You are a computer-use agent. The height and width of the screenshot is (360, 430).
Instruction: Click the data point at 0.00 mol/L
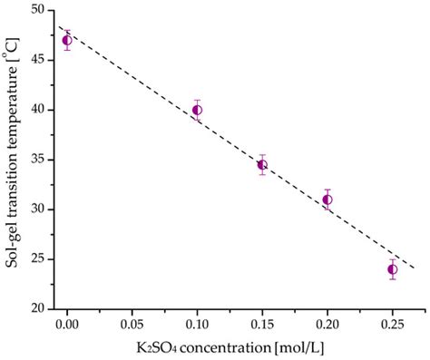click(67, 40)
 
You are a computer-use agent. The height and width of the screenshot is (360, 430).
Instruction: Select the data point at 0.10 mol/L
click(197, 110)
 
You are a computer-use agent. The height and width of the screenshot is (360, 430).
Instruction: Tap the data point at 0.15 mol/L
click(262, 164)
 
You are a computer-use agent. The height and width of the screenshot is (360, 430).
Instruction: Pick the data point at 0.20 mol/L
click(327, 199)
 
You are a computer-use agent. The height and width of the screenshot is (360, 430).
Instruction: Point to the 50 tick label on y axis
click(39, 10)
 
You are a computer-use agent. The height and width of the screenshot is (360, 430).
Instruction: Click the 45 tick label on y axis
click(39, 60)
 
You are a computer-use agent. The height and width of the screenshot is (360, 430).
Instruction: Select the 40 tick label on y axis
click(39, 110)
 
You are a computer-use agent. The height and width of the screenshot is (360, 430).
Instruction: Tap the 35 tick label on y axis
click(39, 160)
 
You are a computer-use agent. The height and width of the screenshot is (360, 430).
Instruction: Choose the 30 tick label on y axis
click(39, 209)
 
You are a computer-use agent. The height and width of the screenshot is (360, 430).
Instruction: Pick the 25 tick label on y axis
click(39, 259)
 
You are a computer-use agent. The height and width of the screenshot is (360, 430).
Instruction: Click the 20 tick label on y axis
click(39, 308)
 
